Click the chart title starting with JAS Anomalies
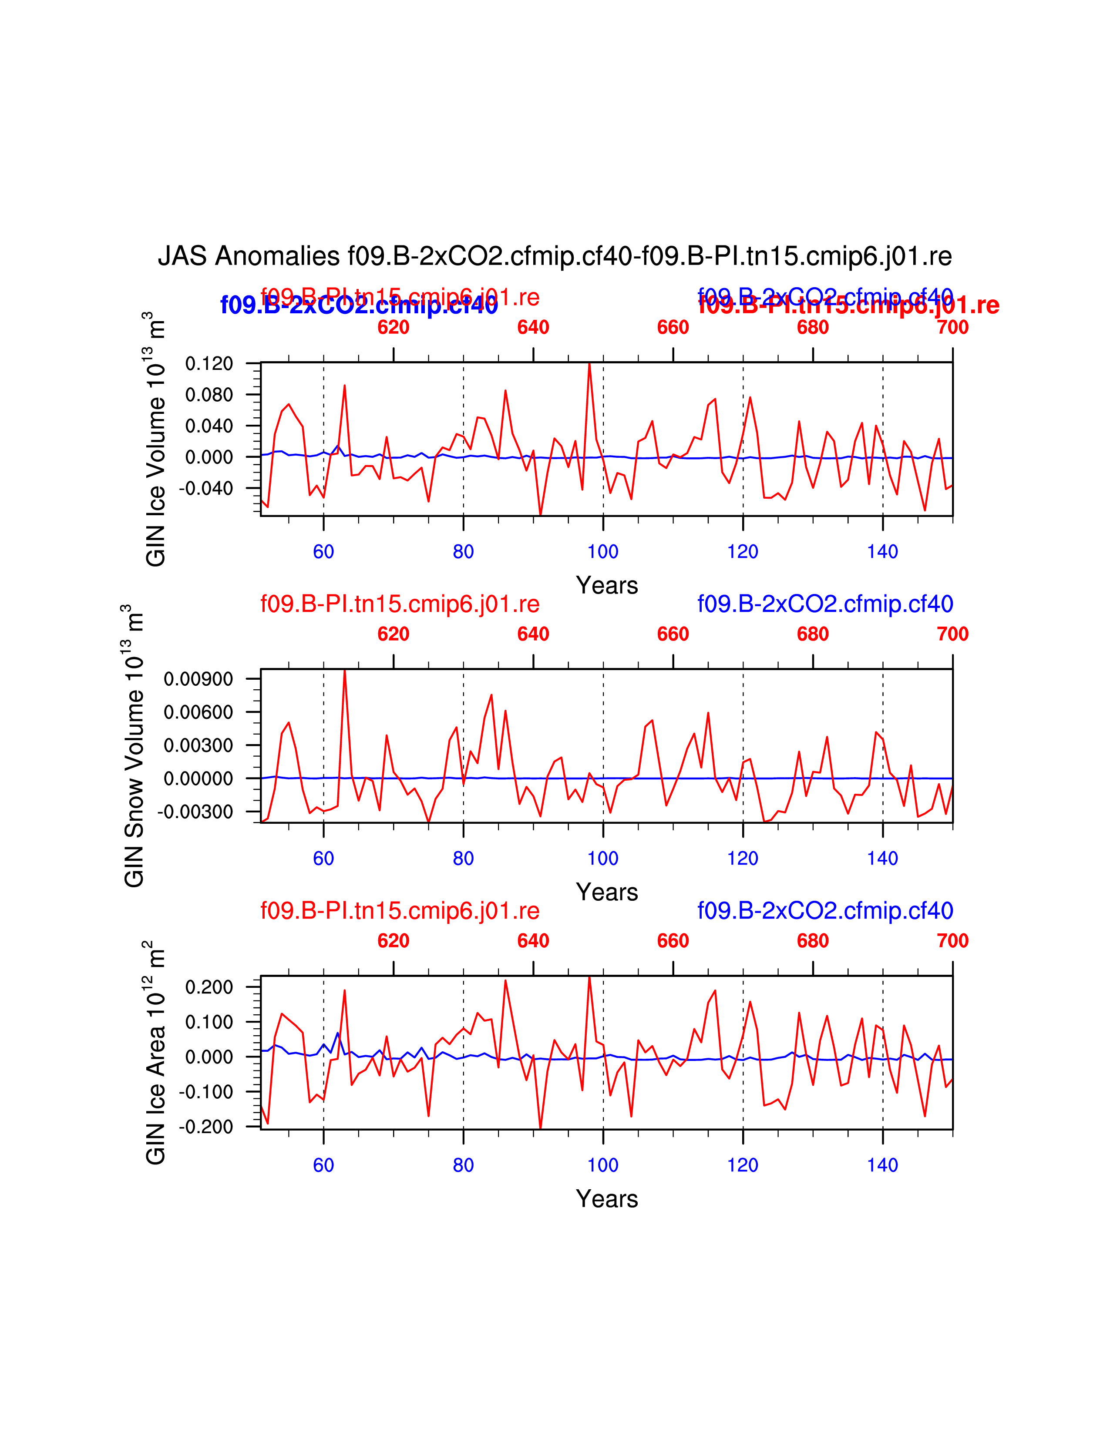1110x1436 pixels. pos(554,256)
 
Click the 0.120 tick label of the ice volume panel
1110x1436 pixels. pos(209,364)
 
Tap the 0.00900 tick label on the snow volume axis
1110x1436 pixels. pos(198,679)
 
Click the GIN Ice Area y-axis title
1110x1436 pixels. pos(155,1053)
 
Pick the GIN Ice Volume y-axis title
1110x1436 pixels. pos(155,439)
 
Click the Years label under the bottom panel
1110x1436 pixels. pos(607,1199)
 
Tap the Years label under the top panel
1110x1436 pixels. pos(607,585)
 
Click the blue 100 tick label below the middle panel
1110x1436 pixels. pos(603,858)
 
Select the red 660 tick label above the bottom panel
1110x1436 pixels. pos(673,941)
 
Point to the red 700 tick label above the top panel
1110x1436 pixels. pos(952,327)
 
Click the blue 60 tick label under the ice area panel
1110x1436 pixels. pos(323,1165)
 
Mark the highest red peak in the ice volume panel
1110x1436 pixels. pos(589,364)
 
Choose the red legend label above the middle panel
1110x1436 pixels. pos(400,604)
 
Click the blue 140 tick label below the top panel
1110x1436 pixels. pos(882,552)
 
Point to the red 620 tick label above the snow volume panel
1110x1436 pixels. pos(393,634)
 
